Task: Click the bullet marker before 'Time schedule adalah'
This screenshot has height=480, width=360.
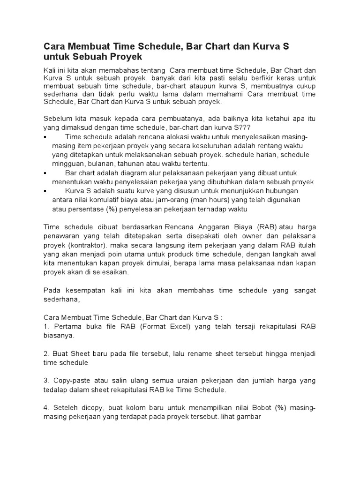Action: coord(45,137)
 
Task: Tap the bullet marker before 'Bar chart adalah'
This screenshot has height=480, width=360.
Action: coord(45,173)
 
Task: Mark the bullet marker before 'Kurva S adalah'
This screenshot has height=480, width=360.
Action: coord(45,191)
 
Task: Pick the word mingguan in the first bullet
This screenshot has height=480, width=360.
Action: coord(67,164)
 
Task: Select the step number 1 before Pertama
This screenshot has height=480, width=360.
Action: coord(45,327)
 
